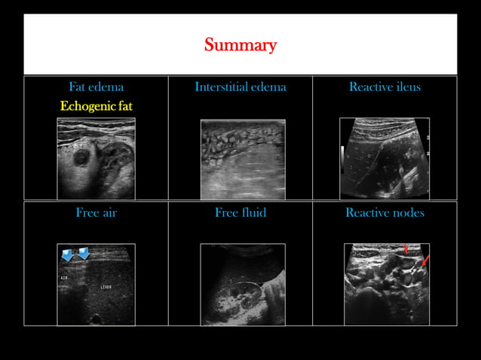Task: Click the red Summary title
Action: click(240, 46)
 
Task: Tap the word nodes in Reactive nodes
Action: click(408, 213)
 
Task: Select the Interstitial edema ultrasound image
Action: click(242, 158)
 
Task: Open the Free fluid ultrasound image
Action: click(242, 284)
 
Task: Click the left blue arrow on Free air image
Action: click(68, 255)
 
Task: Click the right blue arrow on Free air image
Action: click(83, 254)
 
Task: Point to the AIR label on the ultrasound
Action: click(64, 278)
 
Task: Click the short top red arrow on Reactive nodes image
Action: click(406, 248)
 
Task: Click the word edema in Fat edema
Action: click(107, 87)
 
